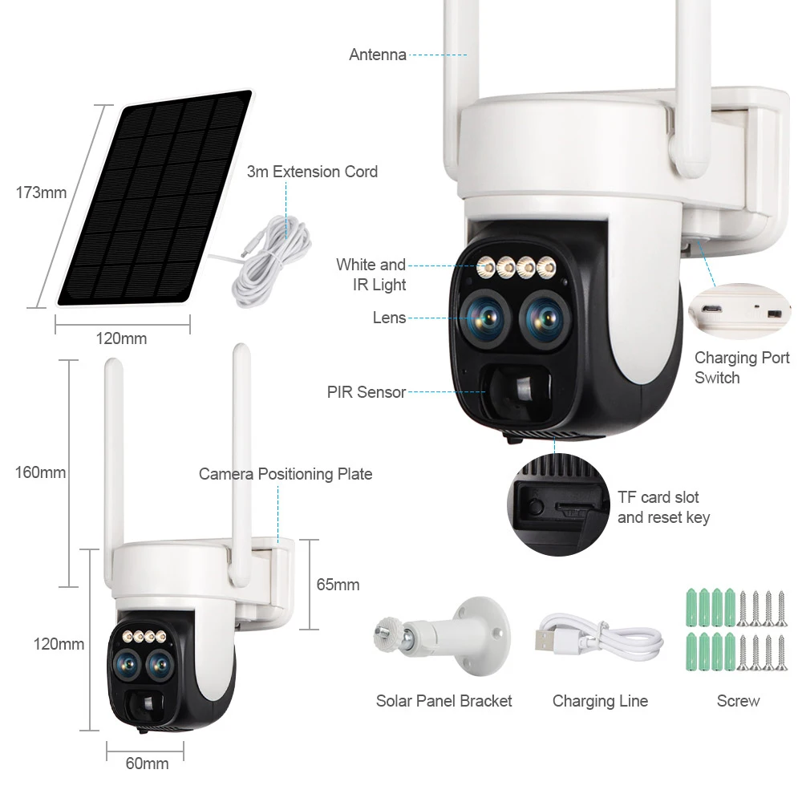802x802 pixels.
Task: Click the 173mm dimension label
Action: [41, 192]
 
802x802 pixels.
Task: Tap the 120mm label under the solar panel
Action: [121, 338]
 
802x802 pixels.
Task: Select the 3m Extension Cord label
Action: [312, 172]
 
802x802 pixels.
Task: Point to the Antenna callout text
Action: [377, 55]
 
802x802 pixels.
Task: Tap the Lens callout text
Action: [389, 318]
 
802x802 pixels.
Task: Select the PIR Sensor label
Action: [366, 392]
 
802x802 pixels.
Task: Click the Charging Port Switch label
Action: [741, 367]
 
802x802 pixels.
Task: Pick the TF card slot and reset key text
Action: [662, 507]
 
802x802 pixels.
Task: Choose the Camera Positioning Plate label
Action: [286, 474]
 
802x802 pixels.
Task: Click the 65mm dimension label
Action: [338, 585]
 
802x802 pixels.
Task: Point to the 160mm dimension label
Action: [40, 472]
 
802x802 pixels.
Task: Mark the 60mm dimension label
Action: [147, 764]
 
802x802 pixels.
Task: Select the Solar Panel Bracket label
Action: [444, 701]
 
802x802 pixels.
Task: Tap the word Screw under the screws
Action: [738, 701]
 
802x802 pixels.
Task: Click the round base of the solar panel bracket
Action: [483, 634]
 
